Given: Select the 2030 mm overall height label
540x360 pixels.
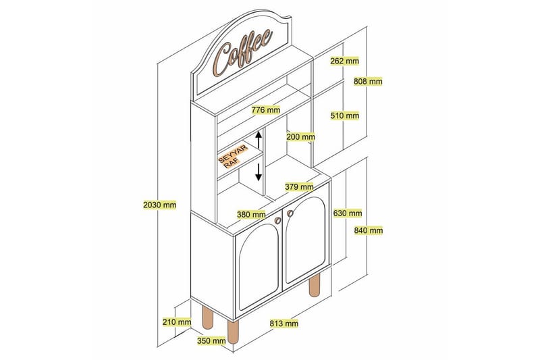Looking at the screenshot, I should click(x=161, y=205).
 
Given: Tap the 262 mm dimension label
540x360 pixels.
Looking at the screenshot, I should click(x=345, y=61).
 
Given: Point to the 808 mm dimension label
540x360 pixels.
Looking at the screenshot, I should click(x=368, y=82).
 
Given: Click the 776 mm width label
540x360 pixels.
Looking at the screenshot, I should click(x=266, y=109).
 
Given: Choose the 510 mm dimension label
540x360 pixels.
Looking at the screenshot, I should click(x=345, y=115).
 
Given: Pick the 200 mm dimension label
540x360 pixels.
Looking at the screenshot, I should click(x=300, y=136).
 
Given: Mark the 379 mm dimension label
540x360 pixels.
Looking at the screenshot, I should click(x=298, y=187).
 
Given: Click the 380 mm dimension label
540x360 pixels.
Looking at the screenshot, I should click(x=251, y=215).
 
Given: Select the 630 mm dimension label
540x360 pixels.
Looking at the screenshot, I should click(x=348, y=213).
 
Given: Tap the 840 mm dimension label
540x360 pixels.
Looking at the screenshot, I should click(x=369, y=230).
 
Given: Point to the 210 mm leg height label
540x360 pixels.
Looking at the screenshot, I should click(x=177, y=322).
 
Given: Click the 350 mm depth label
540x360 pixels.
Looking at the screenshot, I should click(x=211, y=340).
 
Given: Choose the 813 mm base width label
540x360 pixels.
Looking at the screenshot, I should click(x=283, y=324).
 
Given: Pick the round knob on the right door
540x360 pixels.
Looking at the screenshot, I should click(x=292, y=213).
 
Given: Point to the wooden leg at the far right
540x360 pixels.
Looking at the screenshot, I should click(x=315, y=285).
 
